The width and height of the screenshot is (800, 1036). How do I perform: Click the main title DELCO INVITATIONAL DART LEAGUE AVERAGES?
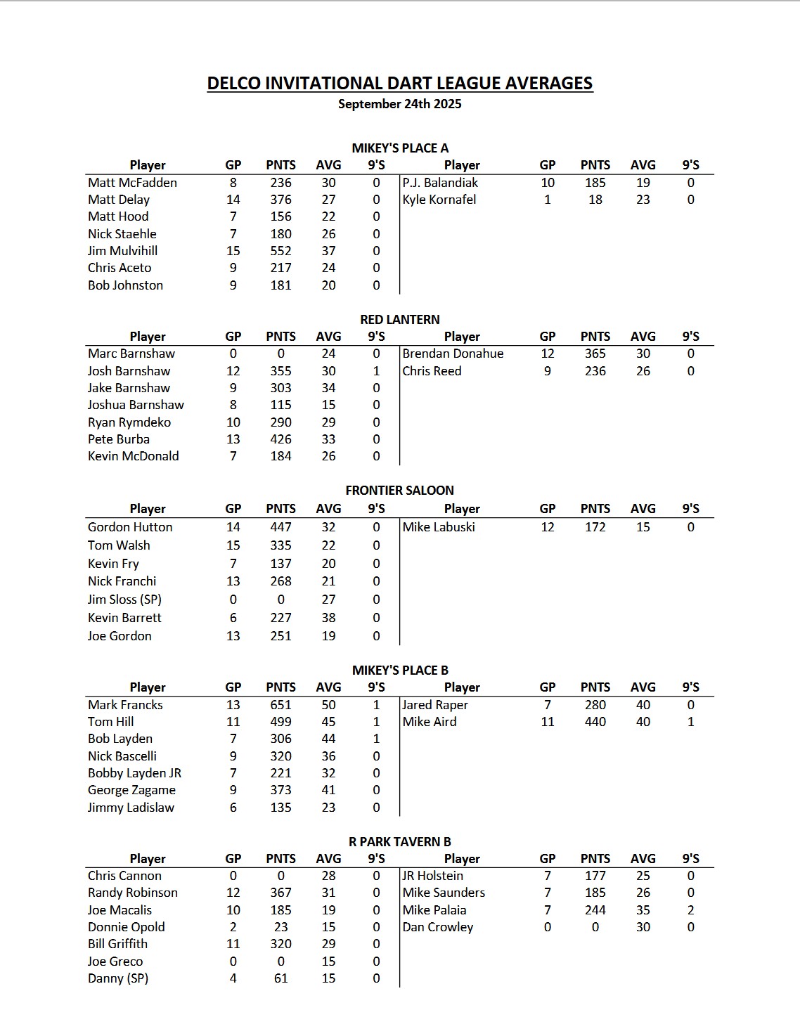click(x=399, y=83)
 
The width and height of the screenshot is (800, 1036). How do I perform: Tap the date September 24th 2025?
click(x=399, y=104)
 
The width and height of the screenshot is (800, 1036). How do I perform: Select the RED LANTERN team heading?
click(x=399, y=319)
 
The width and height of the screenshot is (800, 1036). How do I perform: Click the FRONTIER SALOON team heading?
click(x=399, y=491)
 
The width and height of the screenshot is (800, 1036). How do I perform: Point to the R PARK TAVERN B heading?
click(x=399, y=841)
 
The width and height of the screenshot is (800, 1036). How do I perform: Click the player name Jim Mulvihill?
click(x=122, y=251)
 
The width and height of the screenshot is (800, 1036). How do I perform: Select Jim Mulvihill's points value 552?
click(x=280, y=251)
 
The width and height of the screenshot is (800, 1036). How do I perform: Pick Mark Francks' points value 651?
click(x=280, y=705)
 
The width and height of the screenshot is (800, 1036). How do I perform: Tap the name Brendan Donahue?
click(x=453, y=354)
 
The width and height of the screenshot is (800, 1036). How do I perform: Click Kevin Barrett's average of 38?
click(x=328, y=618)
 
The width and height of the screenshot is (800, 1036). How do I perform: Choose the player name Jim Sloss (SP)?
click(x=124, y=600)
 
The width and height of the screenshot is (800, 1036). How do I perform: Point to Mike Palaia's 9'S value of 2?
click(x=690, y=910)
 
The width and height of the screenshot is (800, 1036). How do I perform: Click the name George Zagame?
click(x=131, y=790)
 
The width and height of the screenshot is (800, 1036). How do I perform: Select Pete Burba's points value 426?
click(x=280, y=439)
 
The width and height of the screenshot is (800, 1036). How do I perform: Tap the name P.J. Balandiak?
click(x=440, y=183)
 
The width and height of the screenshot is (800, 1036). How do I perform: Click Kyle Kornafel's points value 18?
click(x=595, y=200)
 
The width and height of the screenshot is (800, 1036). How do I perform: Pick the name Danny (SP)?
click(x=118, y=978)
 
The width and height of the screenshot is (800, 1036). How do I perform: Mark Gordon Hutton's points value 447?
click(x=280, y=527)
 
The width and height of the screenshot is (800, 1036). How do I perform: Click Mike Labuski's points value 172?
click(x=595, y=527)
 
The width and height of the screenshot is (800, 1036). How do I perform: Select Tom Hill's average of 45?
click(x=328, y=722)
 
